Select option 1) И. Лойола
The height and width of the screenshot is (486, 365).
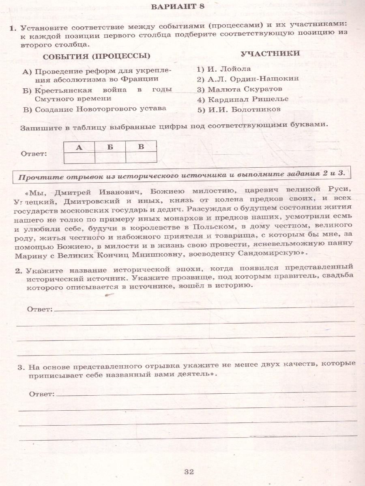pyautogui.click(x=224, y=68)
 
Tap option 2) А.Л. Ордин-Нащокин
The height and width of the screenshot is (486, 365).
pyautogui.click(x=248, y=79)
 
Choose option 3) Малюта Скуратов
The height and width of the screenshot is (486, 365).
pyautogui.click(x=239, y=89)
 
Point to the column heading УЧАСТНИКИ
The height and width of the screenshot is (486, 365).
pyautogui.click(x=270, y=53)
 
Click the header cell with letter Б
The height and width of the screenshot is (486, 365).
pyautogui.click(x=110, y=147)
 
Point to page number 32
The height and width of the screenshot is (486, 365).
pyautogui.click(x=189, y=471)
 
